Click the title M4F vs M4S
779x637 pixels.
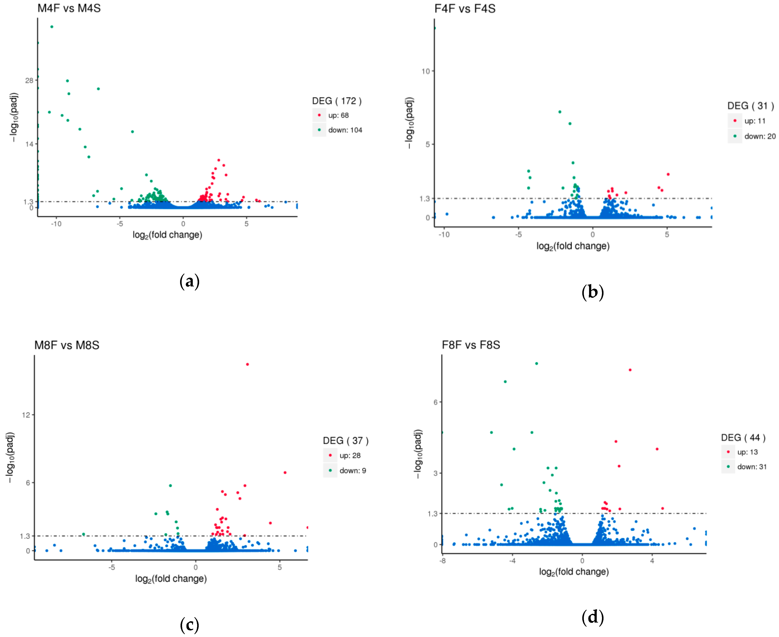(69, 8)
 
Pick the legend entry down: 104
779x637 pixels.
(345, 130)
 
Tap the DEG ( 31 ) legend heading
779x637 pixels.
(750, 106)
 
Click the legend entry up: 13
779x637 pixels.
(747, 452)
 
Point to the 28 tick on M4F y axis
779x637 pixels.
(29, 80)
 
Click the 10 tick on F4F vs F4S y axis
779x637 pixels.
(425, 71)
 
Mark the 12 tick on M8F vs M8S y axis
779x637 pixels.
(26, 415)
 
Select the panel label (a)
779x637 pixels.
(189, 281)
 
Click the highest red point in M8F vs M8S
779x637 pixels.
(247, 364)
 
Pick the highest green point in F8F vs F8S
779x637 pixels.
(536, 364)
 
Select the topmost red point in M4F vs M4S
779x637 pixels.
(219, 160)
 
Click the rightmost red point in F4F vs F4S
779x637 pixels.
(668, 174)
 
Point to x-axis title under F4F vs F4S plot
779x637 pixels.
(573, 246)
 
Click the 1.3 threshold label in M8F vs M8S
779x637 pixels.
(25, 536)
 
